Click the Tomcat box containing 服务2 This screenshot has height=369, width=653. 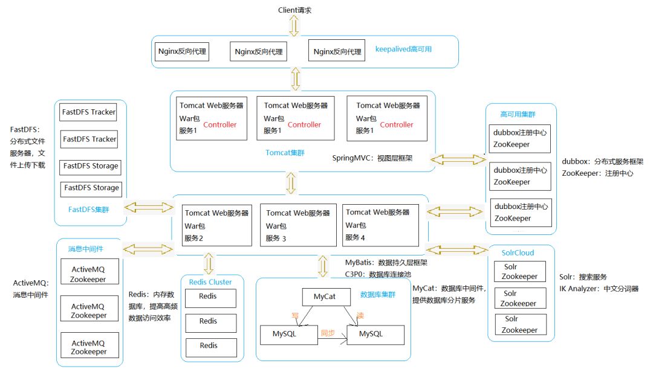pyautogui.click(x=217, y=225)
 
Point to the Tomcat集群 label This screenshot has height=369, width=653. pyautogui.click(x=285, y=153)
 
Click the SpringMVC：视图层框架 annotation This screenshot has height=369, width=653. pyautogui.click(x=379, y=158)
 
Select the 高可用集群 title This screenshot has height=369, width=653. pyautogui.click(x=517, y=114)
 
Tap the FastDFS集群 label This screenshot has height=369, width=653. pyautogui.click(x=89, y=208)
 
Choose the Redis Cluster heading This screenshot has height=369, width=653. pyautogui.click(x=210, y=281)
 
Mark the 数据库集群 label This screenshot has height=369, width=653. pyautogui.click(x=377, y=295)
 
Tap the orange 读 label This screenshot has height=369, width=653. pyautogui.click(x=360, y=315)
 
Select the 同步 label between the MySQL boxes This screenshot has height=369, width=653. pyautogui.click(x=328, y=333)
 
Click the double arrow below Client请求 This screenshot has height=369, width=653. pyautogui.click(x=294, y=25)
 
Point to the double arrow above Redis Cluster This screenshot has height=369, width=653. pyautogui.click(x=209, y=263)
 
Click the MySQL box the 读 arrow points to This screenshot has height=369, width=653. pyautogui.click(x=375, y=334)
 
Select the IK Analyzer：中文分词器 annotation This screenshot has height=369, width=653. pyautogui.click(x=599, y=289)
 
